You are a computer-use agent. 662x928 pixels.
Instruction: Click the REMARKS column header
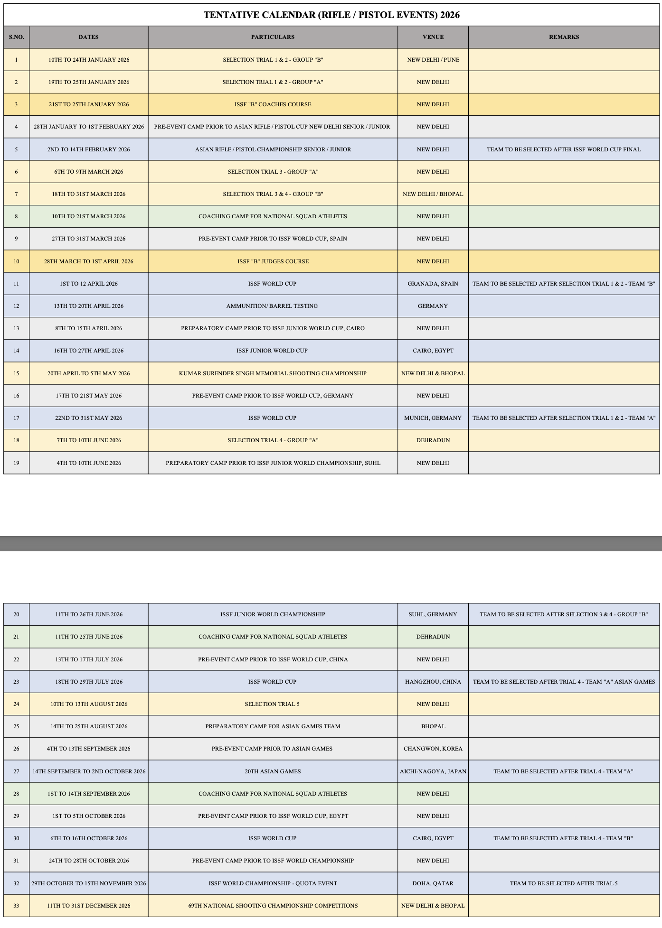pos(564,37)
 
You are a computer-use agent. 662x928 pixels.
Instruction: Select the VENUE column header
pos(433,37)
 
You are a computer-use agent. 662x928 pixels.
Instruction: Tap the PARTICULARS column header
pos(273,37)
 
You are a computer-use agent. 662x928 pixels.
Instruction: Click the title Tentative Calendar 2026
pos(331,15)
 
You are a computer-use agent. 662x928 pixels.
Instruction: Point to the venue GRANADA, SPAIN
pos(433,284)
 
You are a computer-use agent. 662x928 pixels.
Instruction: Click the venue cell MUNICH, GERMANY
pos(433,418)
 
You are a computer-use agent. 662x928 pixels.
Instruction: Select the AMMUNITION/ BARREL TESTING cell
pos(273,306)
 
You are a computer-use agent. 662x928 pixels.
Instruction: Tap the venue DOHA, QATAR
pos(433,883)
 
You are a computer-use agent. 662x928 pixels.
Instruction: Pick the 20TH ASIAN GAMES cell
pos(273,771)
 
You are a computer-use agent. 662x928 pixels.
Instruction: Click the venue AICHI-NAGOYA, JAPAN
pos(433,771)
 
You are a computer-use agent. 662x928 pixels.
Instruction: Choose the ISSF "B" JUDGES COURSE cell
pos(273,261)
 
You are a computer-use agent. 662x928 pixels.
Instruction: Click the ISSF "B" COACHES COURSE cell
pos(273,104)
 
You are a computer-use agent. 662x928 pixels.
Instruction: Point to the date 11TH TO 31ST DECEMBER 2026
pos(88,906)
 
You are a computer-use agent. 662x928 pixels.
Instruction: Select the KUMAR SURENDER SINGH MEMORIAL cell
pos(273,373)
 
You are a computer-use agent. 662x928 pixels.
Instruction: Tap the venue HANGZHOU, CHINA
pos(433,682)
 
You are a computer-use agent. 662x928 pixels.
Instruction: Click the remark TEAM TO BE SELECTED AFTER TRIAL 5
pos(564,883)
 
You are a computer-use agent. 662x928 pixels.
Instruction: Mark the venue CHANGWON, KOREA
pos(433,749)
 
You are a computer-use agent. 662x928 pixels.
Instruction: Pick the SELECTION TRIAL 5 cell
pos(273,704)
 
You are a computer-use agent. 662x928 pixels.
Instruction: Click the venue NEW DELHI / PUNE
pos(433,60)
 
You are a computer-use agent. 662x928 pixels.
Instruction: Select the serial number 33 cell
pos(16,906)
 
